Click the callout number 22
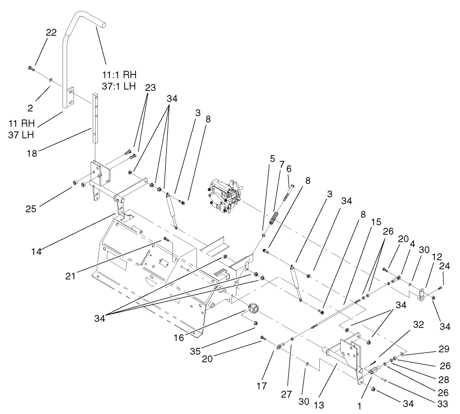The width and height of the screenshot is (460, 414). [x=51, y=32]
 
